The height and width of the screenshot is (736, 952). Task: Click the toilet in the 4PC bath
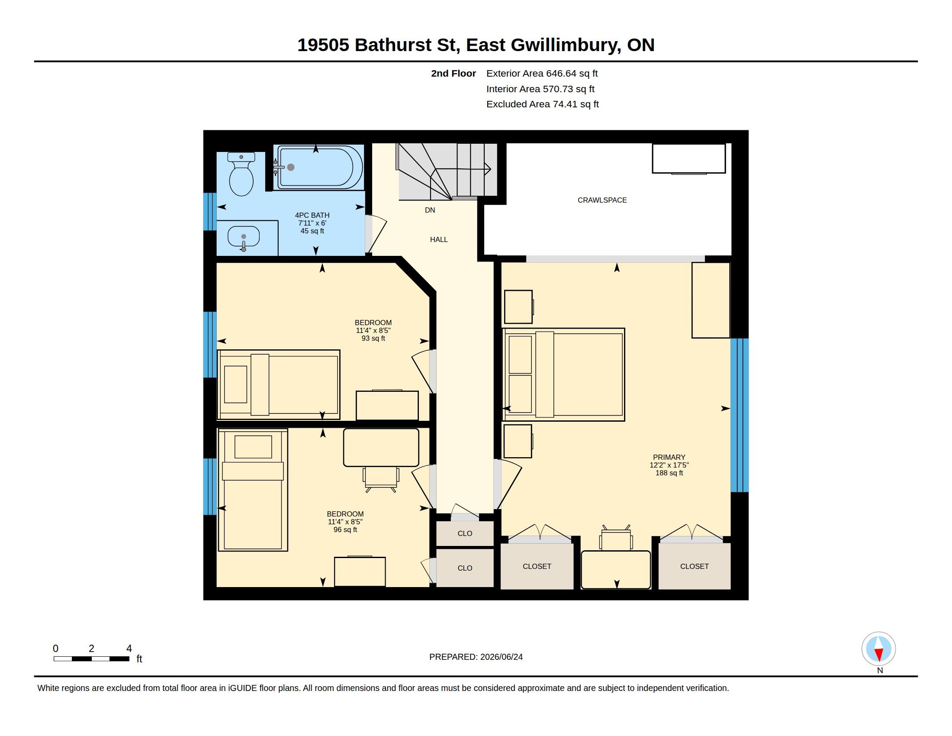click(x=241, y=174)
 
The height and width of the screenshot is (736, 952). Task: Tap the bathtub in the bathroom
click(x=319, y=168)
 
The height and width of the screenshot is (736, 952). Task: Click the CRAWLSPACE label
click(x=602, y=200)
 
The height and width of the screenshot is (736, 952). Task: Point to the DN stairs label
click(x=430, y=210)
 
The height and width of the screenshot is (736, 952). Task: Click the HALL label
click(x=438, y=239)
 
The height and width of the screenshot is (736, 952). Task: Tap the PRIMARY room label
click(x=669, y=457)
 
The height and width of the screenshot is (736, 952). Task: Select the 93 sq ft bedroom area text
click(x=373, y=339)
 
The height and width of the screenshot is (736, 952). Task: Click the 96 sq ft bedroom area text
click(x=345, y=530)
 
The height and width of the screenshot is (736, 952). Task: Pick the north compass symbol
click(x=878, y=649)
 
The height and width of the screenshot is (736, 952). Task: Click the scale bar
click(x=92, y=659)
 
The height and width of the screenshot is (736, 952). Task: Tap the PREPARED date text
click(x=476, y=657)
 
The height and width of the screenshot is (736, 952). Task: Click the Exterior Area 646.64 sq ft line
click(x=542, y=74)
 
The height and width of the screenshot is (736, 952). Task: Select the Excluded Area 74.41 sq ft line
click(x=542, y=104)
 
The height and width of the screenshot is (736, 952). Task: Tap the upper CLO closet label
click(x=465, y=534)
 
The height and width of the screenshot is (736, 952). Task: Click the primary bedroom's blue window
click(x=739, y=415)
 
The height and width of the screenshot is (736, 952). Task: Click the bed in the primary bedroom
click(x=563, y=374)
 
